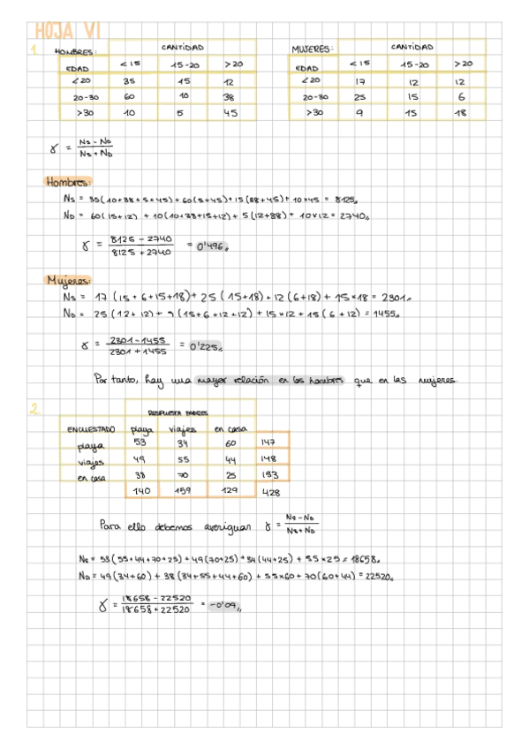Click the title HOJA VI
[65, 31]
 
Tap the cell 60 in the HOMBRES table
[130, 96]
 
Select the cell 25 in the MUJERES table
[360, 96]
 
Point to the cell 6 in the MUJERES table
[461, 96]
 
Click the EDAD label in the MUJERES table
[307, 67]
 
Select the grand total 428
[271, 492]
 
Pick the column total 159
[184, 491]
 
